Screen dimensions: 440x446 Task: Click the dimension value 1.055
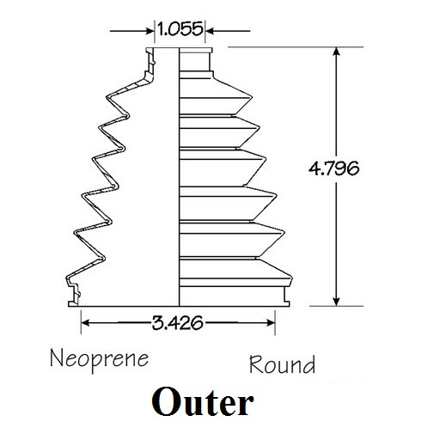coord(180,29)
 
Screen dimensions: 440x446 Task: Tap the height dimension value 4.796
coord(333,168)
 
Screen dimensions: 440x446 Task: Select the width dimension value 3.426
coord(177,323)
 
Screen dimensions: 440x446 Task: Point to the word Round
coord(283,364)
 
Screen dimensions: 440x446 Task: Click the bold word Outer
coord(203,401)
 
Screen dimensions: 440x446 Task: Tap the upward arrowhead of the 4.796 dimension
coord(337,52)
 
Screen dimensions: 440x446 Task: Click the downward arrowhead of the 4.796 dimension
coord(337,302)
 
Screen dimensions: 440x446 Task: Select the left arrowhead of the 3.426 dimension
coord(86,323)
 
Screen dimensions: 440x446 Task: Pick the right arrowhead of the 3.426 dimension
coord(271,323)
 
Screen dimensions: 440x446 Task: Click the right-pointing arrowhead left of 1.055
coord(150,31)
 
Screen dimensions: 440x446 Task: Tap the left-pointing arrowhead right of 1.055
coord(210,31)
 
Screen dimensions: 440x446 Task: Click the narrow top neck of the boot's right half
coord(195,59)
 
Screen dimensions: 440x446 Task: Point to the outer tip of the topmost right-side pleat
coord(252,97)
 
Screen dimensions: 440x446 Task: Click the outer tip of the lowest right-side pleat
coord(291,278)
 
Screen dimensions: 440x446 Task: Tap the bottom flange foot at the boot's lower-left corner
coord(73,303)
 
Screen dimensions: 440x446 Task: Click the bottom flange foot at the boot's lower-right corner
coord(286,303)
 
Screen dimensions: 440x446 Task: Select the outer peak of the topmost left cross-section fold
coord(107,96)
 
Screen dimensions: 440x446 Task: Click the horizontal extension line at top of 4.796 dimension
coord(296,47)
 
